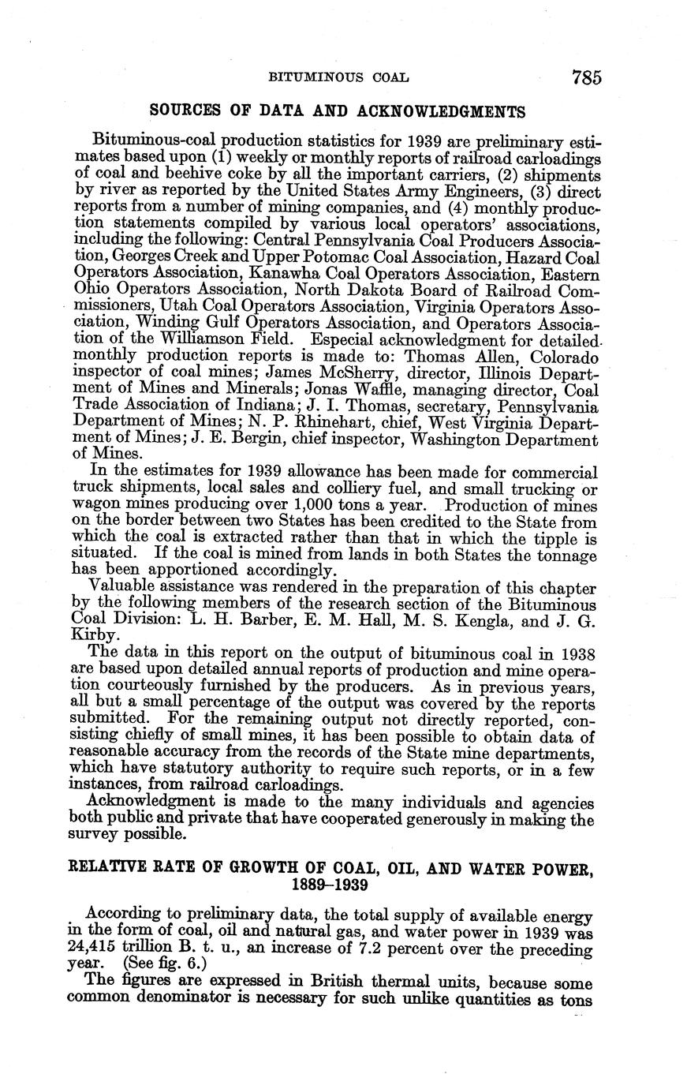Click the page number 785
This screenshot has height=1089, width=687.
(x=588, y=77)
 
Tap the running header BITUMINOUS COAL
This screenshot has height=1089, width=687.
(x=339, y=78)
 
